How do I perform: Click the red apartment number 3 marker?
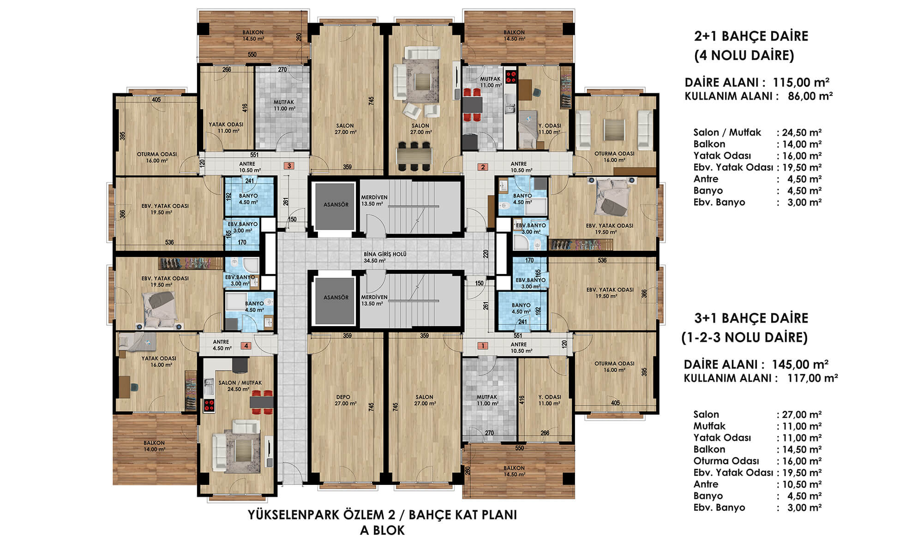coord(289,166)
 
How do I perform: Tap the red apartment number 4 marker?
coord(246,346)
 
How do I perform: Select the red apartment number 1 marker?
coord(483,346)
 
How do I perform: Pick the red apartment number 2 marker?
coord(483,167)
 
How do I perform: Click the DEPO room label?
coord(343,397)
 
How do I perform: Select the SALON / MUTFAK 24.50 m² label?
coord(240,386)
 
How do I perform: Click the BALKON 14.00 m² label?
coord(154,446)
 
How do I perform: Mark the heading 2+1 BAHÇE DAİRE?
coord(751,36)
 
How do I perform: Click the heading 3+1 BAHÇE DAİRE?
coord(751,318)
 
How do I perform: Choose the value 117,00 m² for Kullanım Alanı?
coord(813,378)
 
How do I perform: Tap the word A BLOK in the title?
coord(382,531)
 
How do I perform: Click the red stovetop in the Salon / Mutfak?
coord(209,406)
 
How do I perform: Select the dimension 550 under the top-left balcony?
coord(252,54)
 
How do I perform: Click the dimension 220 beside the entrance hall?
coord(485,254)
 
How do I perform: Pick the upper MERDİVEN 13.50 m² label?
coord(374,201)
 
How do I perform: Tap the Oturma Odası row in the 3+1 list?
coord(757,461)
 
